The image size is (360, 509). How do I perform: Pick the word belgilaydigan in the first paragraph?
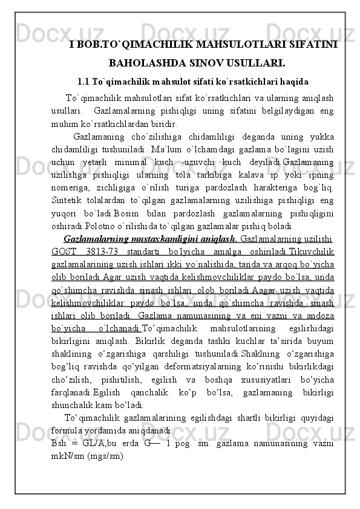click(x=273, y=111)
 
